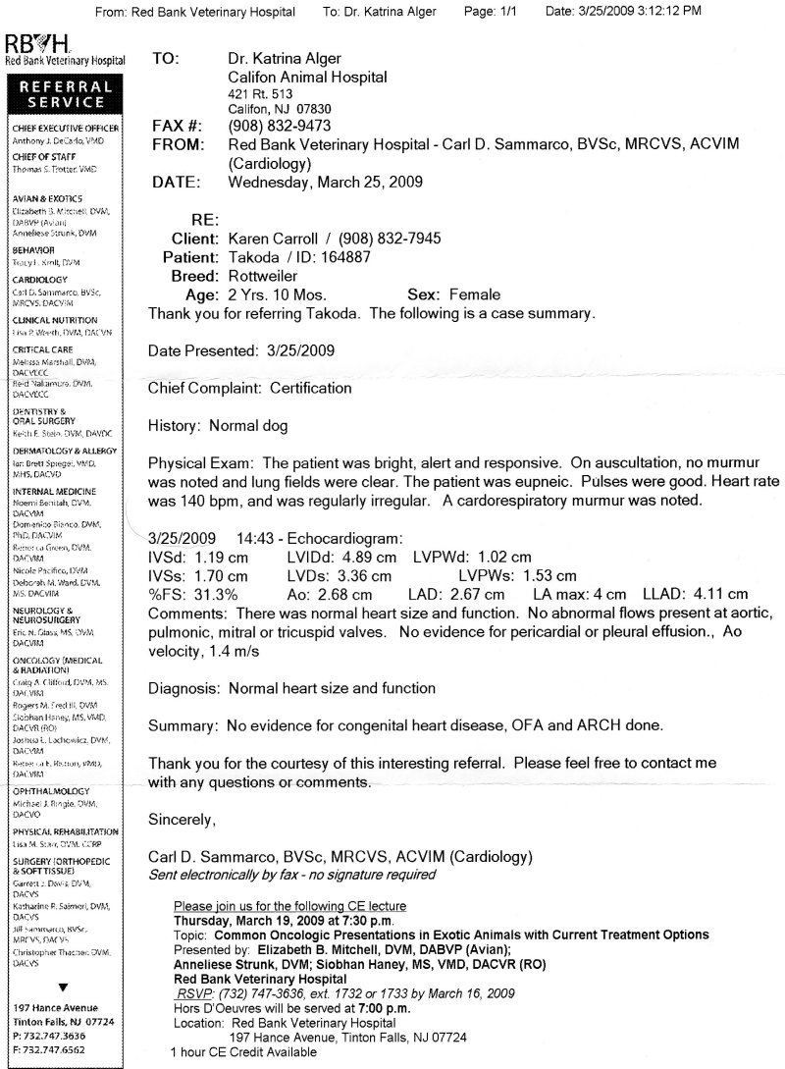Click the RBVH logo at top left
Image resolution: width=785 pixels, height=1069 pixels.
[36, 45]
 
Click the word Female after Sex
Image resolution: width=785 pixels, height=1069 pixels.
[476, 294]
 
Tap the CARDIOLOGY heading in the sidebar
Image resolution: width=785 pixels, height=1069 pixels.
[40, 280]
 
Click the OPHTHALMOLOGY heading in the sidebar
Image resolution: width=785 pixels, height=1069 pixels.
[51, 790]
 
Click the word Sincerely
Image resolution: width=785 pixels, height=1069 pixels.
[182, 819]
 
